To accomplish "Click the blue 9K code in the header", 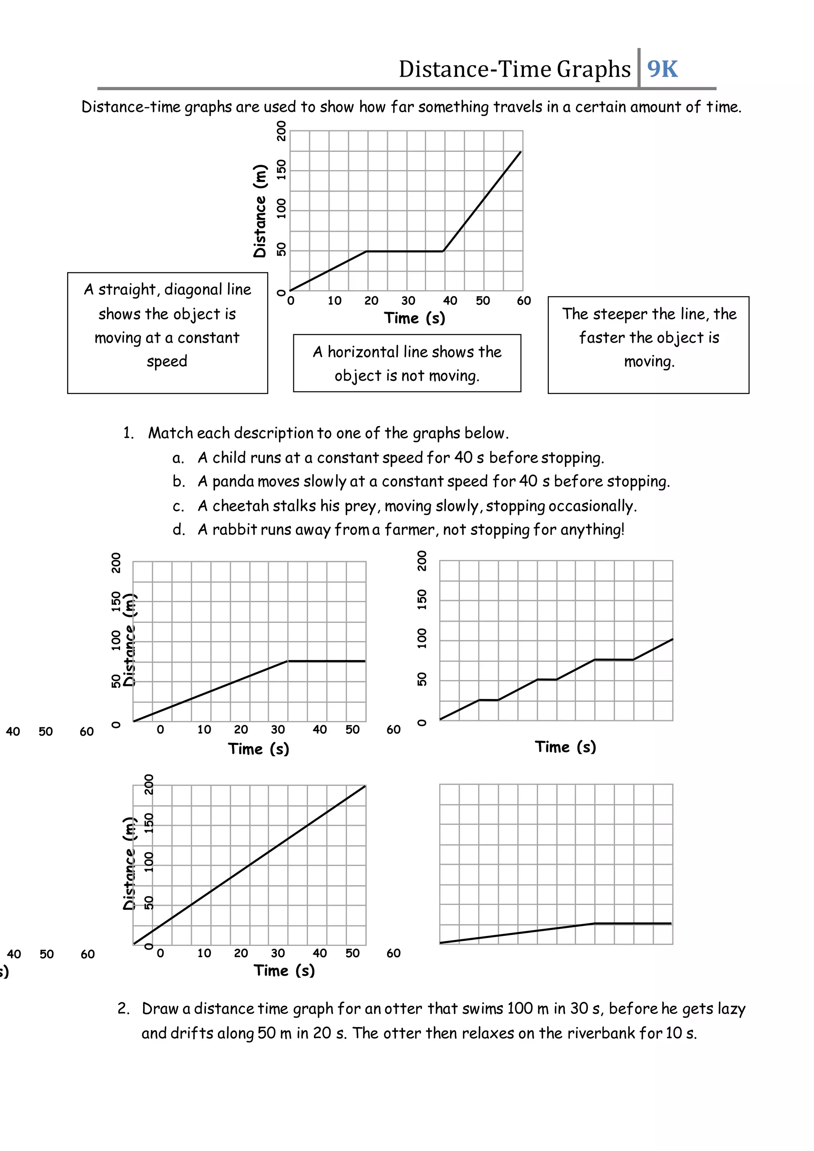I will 662,69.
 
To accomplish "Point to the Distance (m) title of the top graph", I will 260,211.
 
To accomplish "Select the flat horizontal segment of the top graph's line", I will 405,251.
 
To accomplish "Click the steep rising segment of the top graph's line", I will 482,201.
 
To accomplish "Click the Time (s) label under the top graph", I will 415,318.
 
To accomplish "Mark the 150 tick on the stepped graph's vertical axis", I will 422,600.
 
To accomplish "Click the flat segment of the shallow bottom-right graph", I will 632,923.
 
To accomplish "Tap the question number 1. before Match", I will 129,433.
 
